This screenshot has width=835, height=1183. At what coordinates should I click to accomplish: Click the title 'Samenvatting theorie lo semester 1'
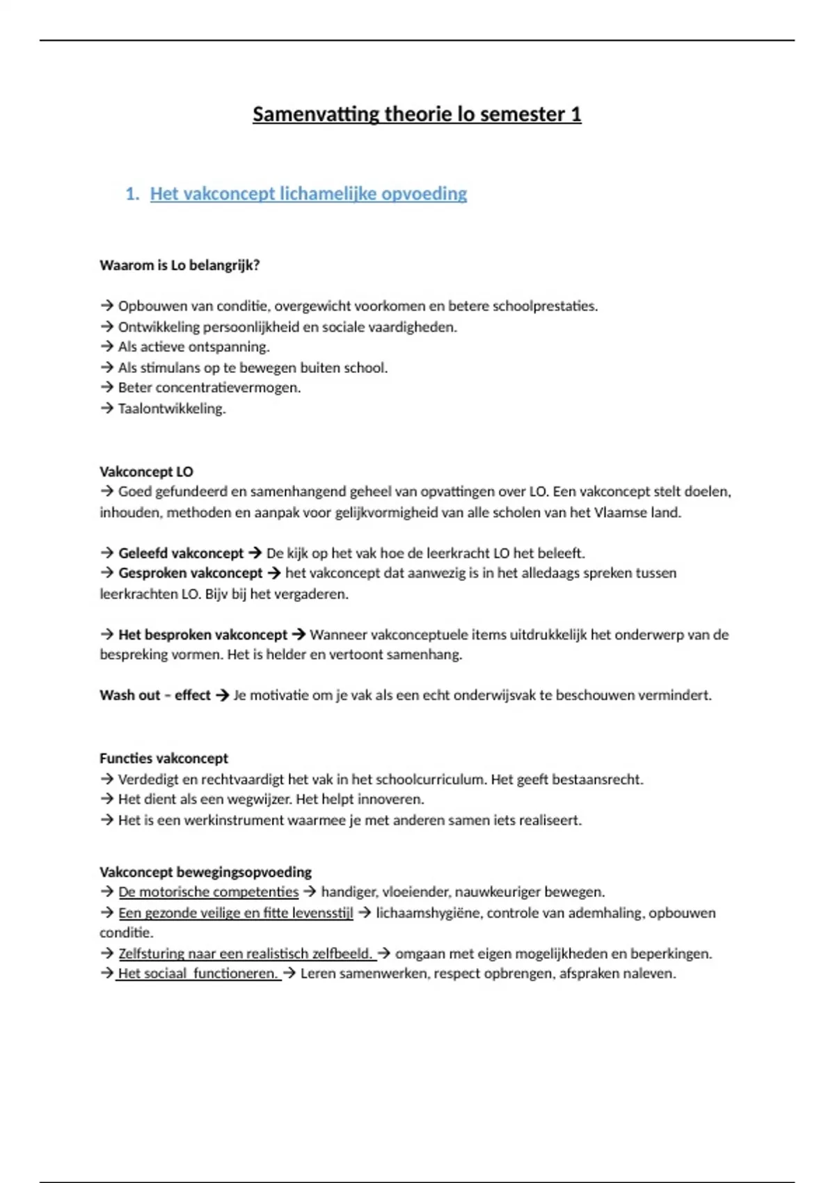click(x=417, y=114)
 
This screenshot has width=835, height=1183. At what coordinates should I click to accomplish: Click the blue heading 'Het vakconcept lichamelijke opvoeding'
click(x=308, y=193)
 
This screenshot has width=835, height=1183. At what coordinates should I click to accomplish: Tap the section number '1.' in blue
click(x=132, y=193)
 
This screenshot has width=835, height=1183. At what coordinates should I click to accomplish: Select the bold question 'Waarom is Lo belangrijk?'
click(x=180, y=265)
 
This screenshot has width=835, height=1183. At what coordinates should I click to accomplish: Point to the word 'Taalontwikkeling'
click(x=171, y=408)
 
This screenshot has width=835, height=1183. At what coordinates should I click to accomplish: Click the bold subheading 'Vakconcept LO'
click(x=146, y=472)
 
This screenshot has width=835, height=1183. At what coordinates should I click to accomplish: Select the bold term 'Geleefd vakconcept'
click(x=181, y=553)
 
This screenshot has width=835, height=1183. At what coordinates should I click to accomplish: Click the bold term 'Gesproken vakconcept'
click(x=190, y=573)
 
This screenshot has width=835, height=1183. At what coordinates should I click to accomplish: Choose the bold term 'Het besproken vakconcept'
click(x=202, y=635)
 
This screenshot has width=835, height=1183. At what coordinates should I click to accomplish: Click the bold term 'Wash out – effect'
click(x=154, y=695)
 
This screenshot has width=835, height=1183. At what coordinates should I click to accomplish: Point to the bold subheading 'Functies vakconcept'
click(x=164, y=759)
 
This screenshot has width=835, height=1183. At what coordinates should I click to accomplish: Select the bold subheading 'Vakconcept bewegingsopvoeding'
click(x=205, y=872)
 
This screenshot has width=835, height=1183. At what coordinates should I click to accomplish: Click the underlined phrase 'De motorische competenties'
click(x=208, y=892)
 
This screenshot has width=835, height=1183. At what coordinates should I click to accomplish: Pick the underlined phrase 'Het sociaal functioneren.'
click(x=198, y=974)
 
